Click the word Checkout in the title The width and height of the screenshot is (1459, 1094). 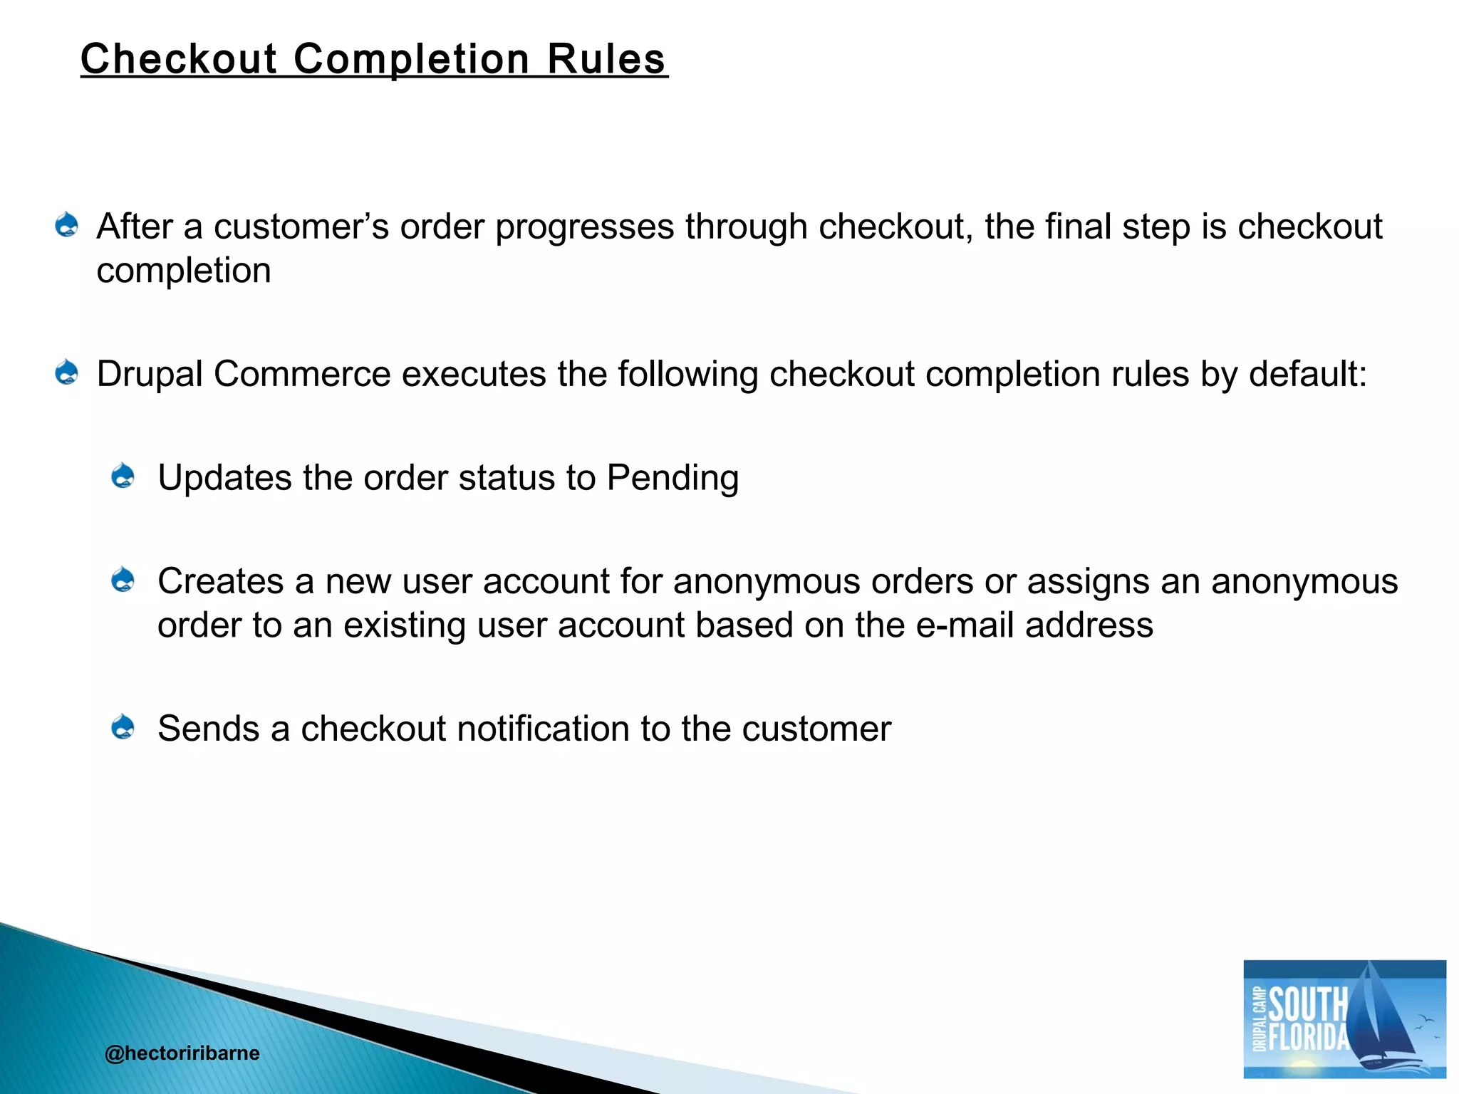click(x=178, y=58)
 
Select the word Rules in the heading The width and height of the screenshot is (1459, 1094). click(x=606, y=58)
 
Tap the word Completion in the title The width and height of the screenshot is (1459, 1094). click(x=412, y=60)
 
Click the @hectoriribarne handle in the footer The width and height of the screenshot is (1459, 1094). click(x=182, y=1053)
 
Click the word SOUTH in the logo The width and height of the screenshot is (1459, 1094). click(x=1308, y=1004)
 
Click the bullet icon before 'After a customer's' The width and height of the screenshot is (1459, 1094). click(x=67, y=225)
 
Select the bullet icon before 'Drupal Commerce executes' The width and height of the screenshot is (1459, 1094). click(x=67, y=373)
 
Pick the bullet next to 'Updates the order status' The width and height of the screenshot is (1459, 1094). click(x=123, y=476)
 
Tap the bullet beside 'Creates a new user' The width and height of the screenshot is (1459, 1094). click(x=123, y=580)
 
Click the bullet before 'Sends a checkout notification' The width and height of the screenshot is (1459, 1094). click(x=123, y=727)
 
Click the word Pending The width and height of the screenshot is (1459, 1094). click(x=673, y=479)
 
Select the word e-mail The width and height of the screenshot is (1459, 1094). click(x=965, y=625)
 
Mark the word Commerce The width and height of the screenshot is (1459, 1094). click(x=302, y=374)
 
